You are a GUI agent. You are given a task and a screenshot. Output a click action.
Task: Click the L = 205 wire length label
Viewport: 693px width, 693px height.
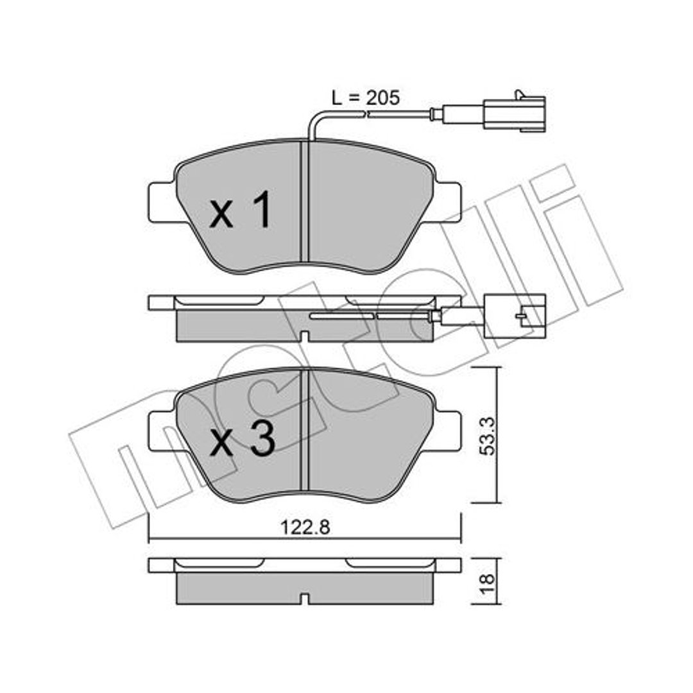click(x=366, y=98)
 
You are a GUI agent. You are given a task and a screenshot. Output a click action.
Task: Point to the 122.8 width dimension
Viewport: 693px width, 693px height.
click(x=305, y=527)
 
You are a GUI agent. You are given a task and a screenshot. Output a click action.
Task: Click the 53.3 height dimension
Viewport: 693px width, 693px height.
click(x=489, y=436)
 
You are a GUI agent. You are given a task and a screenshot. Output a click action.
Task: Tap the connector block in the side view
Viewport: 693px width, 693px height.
click(x=515, y=316)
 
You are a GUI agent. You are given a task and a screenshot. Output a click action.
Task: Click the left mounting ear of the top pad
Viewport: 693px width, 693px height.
click(x=162, y=203)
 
